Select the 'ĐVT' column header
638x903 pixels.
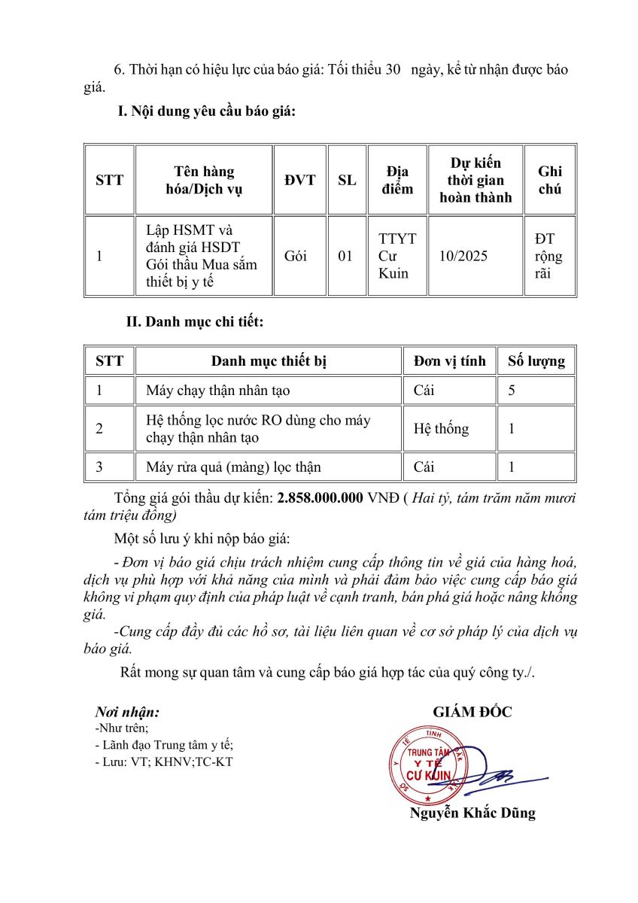(x=300, y=181)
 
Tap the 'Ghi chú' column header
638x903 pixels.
(x=549, y=181)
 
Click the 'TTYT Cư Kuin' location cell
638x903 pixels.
(x=397, y=257)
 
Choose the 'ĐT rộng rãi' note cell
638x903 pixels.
(x=548, y=257)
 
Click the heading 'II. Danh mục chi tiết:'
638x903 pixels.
(x=195, y=322)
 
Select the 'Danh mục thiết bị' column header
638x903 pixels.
(x=269, y=361)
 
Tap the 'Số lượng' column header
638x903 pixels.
(x=536, y=361)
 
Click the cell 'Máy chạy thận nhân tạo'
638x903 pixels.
(x=218, y=391)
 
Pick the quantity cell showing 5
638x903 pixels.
(x=512, y=391)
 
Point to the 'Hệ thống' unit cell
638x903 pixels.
(x=441, y=429)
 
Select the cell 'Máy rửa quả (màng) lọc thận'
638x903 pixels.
(x=233, y=467)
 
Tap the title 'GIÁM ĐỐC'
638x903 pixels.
(x=472, y=712)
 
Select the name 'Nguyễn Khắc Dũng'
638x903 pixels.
(x=472, y=813)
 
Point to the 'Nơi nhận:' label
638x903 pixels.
(x=127, y=712)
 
